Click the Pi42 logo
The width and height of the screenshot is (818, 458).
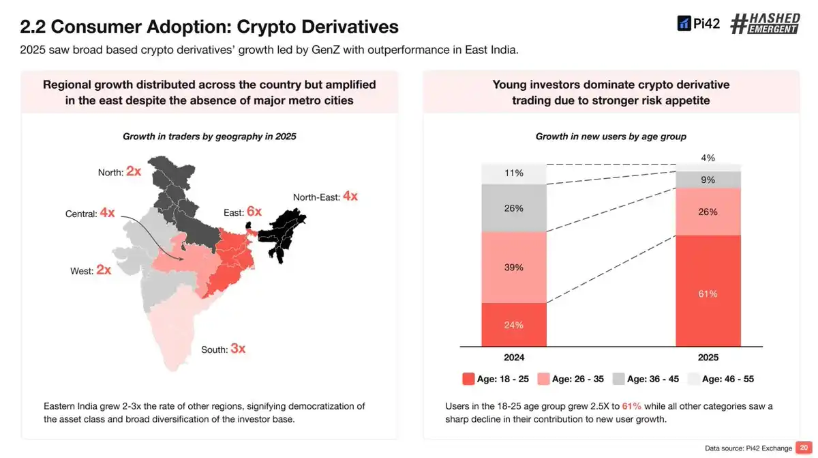tap(698, 24)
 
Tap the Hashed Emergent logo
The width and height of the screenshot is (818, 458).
tap(765, 24)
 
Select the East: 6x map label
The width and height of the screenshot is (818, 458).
tap(243, 212)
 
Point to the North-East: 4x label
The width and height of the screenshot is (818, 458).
tap(325, 197)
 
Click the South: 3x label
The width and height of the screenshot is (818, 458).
tap(223, 349)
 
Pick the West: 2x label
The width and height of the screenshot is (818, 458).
tap(91, 270)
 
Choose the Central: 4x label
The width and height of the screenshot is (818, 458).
tap(90, 213)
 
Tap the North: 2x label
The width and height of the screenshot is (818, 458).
tap(119, 171)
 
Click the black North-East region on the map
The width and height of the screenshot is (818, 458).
tap(283, 232)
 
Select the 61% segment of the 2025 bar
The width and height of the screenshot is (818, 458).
tap(708, 291)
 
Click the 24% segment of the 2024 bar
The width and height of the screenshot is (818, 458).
tap(514, 325)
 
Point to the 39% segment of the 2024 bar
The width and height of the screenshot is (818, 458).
tap(514, 267)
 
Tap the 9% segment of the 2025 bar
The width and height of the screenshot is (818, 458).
tap(708, 180)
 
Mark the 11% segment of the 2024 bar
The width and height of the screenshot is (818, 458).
tap(514, 174)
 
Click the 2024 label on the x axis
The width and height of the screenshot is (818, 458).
tap(514, 358)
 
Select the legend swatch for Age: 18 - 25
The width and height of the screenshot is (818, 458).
tap(468, 379)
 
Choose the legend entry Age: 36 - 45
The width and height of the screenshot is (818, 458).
tap(646, 379)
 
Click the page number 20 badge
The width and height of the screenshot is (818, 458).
tap(804, 448)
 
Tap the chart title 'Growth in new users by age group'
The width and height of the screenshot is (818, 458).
tap(611, 137)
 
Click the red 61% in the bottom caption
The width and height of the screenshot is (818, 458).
tap(631, 406)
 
